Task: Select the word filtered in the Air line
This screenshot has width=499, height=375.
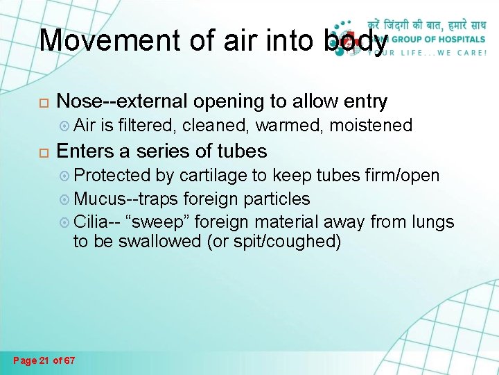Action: click(146, 126)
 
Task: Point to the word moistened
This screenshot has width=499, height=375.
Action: click(371, 126)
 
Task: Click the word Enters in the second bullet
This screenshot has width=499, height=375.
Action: click(87, 151)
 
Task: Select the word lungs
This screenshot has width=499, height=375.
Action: click(432, 222)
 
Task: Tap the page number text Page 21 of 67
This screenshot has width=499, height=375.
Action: click(44, 360)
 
